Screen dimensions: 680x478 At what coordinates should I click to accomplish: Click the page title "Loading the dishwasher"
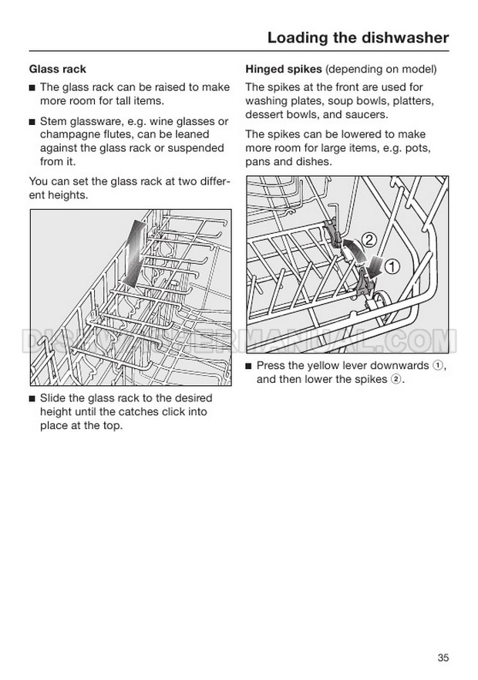pos(357,38)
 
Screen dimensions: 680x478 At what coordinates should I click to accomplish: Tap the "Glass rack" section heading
pos(57,69)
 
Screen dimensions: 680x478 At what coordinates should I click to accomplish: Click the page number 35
pos(443,636)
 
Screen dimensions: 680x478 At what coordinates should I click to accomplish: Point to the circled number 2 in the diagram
pos(370,240)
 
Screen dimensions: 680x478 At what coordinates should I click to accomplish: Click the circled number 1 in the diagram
pos(392,268)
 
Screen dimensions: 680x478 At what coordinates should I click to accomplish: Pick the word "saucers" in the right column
pos(367,114)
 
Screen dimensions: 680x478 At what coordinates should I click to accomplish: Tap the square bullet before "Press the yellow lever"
pos(248,366)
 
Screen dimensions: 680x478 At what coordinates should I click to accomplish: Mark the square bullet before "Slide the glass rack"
pos(32,398)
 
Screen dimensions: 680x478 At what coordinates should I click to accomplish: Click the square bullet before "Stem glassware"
pos(32,122)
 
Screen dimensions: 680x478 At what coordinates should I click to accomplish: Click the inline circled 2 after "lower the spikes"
pos(396,379)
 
